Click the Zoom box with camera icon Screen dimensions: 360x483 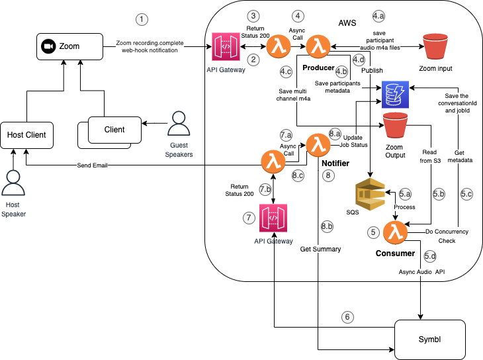[x=69, y=46]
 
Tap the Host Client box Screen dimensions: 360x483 [x=26, y=134]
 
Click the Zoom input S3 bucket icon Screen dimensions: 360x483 [x=435, y=46]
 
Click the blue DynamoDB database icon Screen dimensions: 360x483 [x=396, y=95]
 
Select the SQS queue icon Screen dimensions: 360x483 [x=369, y=193]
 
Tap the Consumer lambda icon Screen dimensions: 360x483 [x=396, y=232]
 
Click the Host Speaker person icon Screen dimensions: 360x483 [x=13, y=182]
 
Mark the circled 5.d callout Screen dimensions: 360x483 [x=430, y=255]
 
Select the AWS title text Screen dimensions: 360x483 [x=347, y=23]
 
